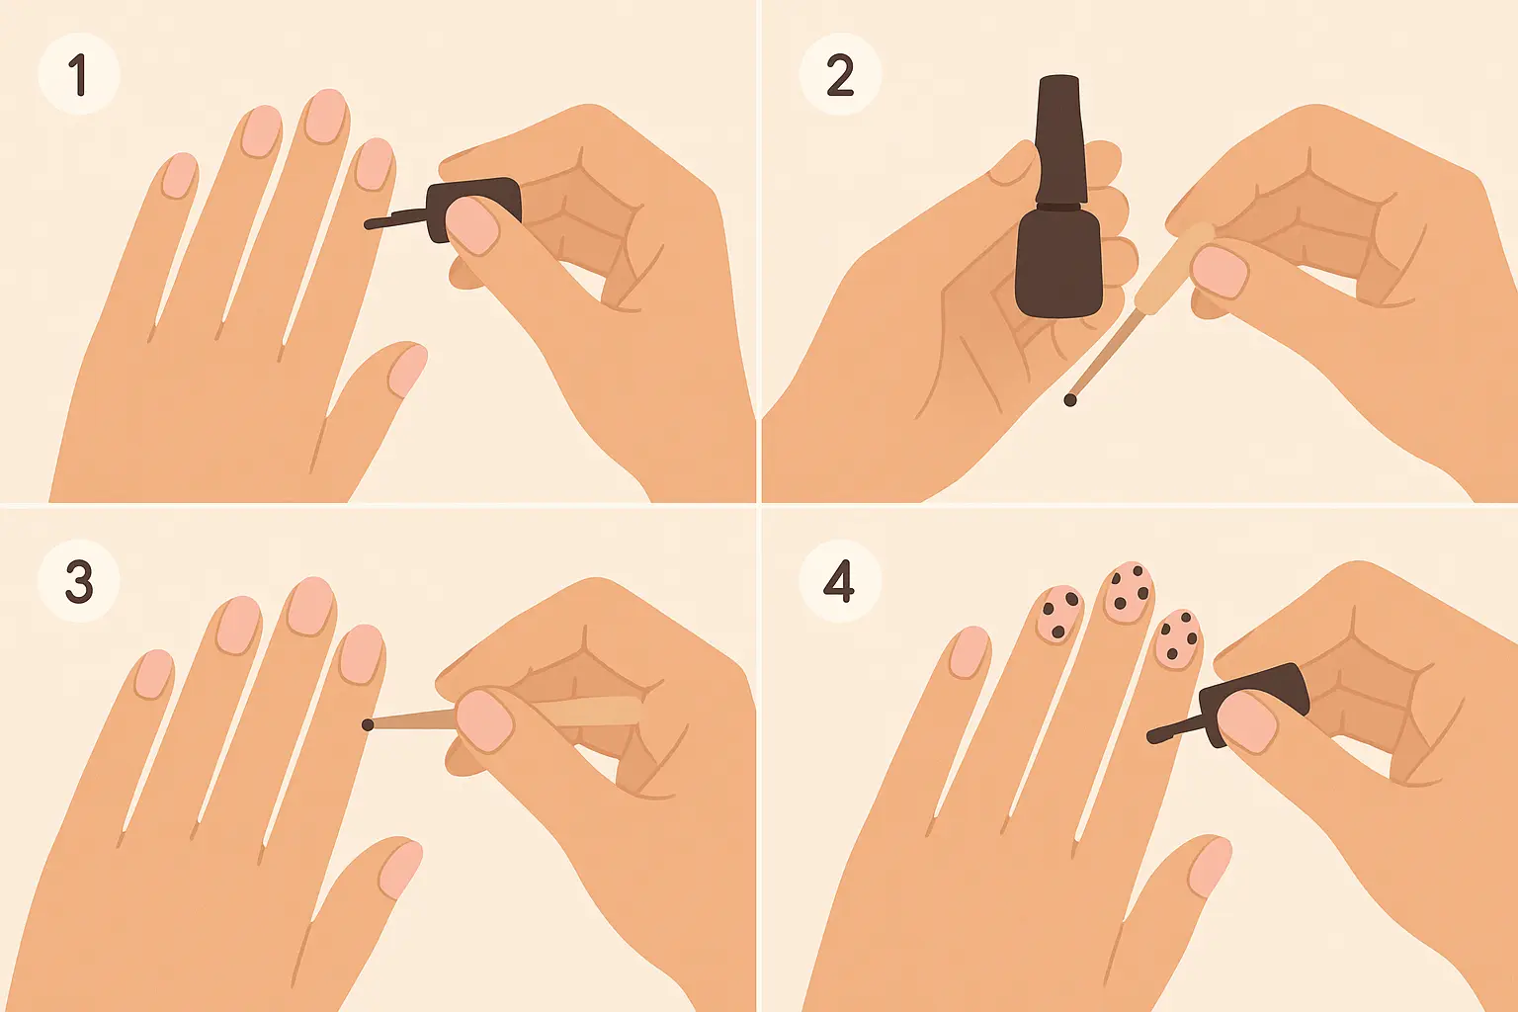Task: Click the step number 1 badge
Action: [79, 74]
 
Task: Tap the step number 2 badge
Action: [840, 74]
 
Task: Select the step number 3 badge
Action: [79, 581]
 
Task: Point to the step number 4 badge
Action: [839, 581]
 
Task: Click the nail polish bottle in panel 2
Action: [1058, 197]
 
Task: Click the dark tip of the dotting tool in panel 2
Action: [1070, 400]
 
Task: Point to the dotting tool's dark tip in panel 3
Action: [368, 725]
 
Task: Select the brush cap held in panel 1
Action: [474, 208]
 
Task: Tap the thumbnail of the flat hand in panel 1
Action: [408, 370]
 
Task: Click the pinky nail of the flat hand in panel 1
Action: [179, 176]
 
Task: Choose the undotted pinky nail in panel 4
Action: [970, 651]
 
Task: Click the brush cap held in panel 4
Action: [1254, 704]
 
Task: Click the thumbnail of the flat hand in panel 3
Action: [400, 871]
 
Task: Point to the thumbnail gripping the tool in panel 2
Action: [1220, 273]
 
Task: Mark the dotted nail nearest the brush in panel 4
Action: [1178, 639]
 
